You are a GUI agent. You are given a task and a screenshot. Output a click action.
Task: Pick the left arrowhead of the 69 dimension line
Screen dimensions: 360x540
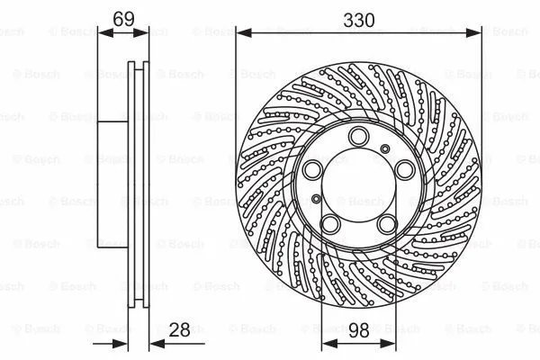pyautogui.click(x=101, y=33)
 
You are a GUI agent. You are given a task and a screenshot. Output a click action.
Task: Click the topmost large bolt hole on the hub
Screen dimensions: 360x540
pyautogui.click(x=359, y=135)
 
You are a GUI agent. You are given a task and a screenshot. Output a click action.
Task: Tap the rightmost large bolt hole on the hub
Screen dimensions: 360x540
pyautogui.click(x=403, y=168)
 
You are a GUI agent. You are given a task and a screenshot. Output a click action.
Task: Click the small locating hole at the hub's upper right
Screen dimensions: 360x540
pyautogui.click(x=384, y=147)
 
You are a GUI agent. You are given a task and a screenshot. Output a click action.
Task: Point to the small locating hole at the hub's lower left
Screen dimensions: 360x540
pyautogui.click(x=316, y=197)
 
